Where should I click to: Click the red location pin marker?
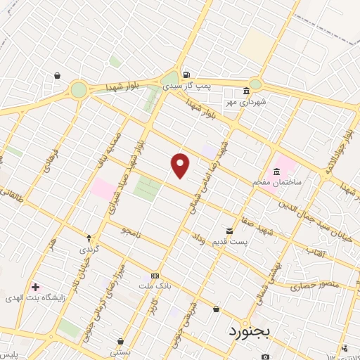pyautogui.click(x=181, y=165)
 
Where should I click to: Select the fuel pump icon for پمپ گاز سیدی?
pyautogui.click(x=186, y=74)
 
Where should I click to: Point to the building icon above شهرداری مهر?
pyautogui.click(x=246, y=91)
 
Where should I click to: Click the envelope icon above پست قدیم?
pyautogui.click(x=229, y=231)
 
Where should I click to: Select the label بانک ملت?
pyautogui.click(x=155, y=285)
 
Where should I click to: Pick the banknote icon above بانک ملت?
pyautogui.click(x=155, y=276)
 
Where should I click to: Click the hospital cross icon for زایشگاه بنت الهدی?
pyautogui.click(x=35, y=287)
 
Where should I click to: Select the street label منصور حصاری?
pyautogui.click(x=315, y=285)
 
